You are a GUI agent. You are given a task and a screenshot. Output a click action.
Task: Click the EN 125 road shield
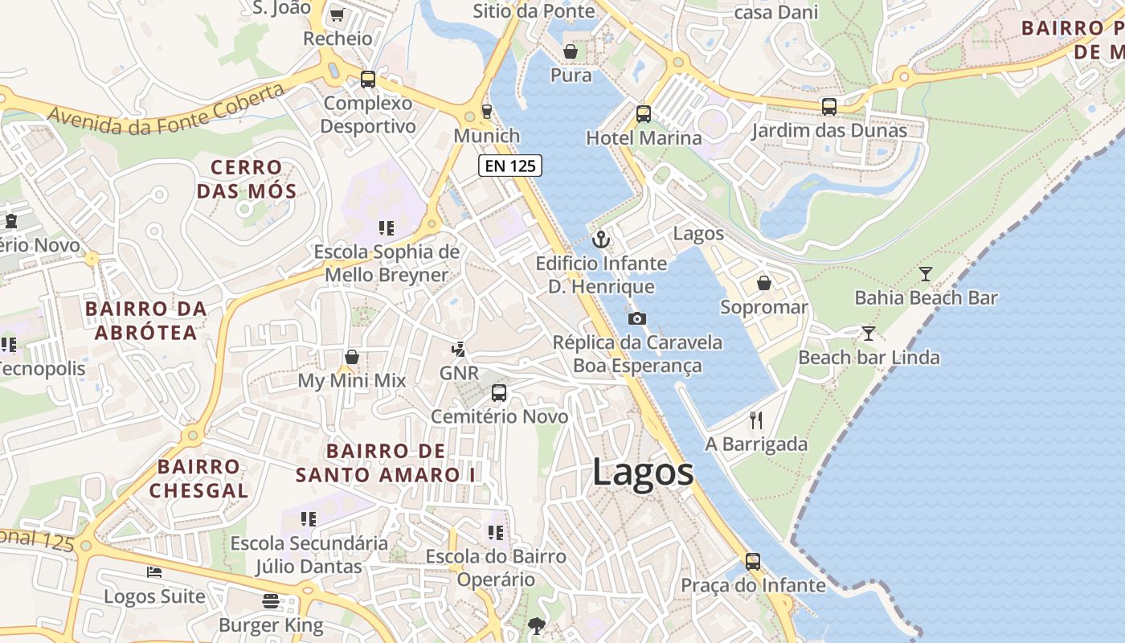510,166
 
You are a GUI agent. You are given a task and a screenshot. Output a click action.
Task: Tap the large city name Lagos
643,472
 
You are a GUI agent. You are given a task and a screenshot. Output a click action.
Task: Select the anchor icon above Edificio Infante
601,240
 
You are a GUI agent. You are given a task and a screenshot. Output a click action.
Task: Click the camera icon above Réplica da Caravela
636,318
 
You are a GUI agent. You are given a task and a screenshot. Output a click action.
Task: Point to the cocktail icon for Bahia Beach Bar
926,274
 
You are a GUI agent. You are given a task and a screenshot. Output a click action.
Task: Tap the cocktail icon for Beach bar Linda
869,333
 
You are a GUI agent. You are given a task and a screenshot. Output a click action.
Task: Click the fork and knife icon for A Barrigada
755,420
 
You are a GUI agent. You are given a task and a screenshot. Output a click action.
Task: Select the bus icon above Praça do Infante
753,561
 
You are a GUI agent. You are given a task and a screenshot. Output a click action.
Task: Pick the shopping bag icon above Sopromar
764,283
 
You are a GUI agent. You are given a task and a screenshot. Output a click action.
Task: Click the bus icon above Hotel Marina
644,113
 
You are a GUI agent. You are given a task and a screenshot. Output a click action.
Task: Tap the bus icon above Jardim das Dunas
829,106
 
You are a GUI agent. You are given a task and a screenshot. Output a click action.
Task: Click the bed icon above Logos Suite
154,572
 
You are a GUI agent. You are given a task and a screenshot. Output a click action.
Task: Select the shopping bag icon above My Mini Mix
352,356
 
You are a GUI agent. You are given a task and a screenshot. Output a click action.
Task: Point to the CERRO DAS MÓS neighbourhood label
247,179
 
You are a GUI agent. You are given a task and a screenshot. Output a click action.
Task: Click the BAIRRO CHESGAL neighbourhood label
198,478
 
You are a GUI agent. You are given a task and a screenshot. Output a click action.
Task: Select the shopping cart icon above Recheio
337,14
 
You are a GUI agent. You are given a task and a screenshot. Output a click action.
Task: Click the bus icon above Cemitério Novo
499,393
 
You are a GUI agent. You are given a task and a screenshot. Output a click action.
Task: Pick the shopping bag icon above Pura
571,51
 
